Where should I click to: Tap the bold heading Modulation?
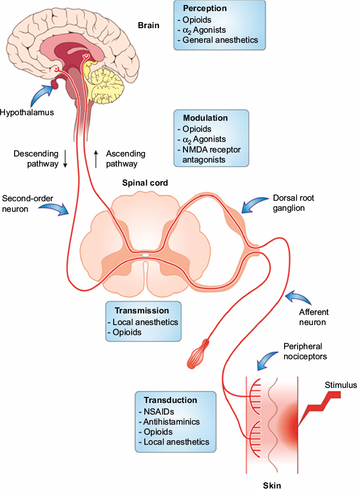205,118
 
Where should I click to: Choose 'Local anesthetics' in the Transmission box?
145,322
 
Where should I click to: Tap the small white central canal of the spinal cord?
145,256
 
